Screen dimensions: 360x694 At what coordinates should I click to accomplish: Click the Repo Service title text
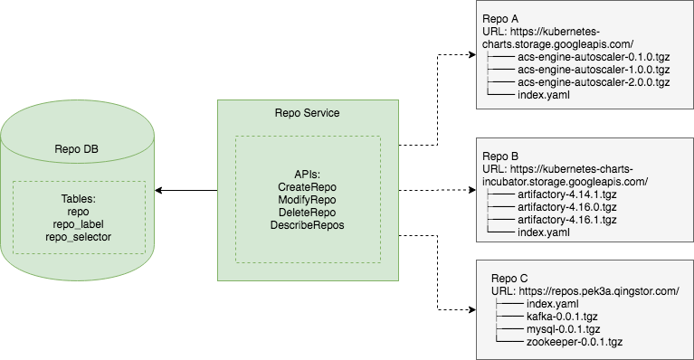307,113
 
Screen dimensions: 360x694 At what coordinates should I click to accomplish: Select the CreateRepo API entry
308,185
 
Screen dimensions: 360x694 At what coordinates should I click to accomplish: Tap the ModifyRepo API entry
308,198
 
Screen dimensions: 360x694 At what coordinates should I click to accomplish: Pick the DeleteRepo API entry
308,212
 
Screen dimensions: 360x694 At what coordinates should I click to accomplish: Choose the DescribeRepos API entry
308,224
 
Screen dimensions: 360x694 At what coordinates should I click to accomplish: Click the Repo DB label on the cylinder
78,150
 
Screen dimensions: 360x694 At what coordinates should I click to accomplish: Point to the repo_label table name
78,224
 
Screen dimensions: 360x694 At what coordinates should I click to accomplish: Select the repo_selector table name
78,237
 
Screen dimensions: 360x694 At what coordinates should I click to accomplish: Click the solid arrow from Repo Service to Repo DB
185,191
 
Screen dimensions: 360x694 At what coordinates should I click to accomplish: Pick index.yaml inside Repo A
543,95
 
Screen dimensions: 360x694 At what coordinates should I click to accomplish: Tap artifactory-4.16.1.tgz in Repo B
566,220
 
